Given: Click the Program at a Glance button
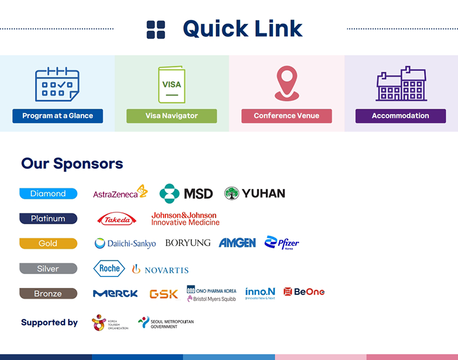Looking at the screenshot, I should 57,116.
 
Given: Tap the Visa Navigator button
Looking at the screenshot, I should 172,116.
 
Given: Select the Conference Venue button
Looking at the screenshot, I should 286,116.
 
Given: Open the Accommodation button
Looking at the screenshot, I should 400,116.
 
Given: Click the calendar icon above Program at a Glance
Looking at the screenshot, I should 57,84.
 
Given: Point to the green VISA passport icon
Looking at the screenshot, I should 171,85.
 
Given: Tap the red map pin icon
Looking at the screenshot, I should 286,84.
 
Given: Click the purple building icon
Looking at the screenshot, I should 401,84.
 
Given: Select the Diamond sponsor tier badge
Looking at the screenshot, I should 48,193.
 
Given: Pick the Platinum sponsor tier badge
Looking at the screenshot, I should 48,218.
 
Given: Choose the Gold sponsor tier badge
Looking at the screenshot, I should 48,243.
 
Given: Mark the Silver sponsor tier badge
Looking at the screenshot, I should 48,268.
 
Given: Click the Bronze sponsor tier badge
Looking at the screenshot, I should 48,294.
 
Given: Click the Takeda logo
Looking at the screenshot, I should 117,219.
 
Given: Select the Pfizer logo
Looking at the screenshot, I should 282,243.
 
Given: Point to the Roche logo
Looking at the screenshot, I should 109,268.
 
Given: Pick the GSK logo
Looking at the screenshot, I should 164,294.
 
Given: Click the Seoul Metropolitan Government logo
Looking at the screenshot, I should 166,323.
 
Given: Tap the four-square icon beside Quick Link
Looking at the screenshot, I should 156,30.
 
